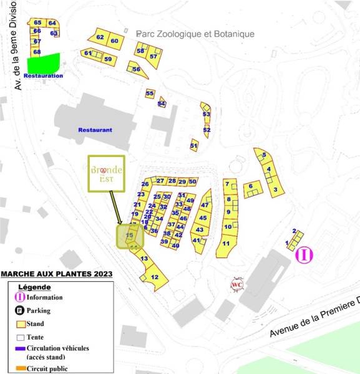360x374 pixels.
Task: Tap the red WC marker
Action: [x=237, y=285]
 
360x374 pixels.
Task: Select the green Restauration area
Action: [x=43, y=64]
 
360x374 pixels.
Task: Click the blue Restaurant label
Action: [x=95, y=130]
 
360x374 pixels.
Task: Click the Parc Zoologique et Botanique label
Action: [x=195, y=34]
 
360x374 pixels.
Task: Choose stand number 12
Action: [x=155, y=277]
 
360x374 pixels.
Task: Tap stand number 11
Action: [x=226, y=243]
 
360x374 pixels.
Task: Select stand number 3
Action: [x=275, y=189]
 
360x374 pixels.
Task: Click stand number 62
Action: [x=100, y=37]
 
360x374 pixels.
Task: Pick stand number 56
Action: [x=137, y=69]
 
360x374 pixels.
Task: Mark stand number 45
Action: [x=203, y=218]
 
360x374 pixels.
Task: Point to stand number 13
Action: [x=144, y=259]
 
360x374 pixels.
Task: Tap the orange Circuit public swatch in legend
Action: [x=20, y=368]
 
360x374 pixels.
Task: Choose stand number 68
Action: [x=37, y=52]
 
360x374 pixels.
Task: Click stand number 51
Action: [x=194, y=146]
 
